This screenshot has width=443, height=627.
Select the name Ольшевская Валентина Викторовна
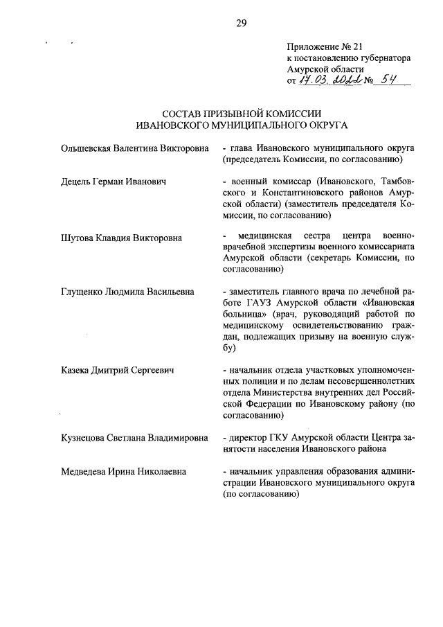tap(134, 148)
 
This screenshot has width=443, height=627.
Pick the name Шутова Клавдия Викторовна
tap(121, 238)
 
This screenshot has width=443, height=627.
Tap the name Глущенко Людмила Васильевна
tap(128, 293)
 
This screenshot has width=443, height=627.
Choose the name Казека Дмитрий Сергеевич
tap(117, 371)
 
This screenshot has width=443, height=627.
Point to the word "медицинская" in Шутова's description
tap(264, 238)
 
